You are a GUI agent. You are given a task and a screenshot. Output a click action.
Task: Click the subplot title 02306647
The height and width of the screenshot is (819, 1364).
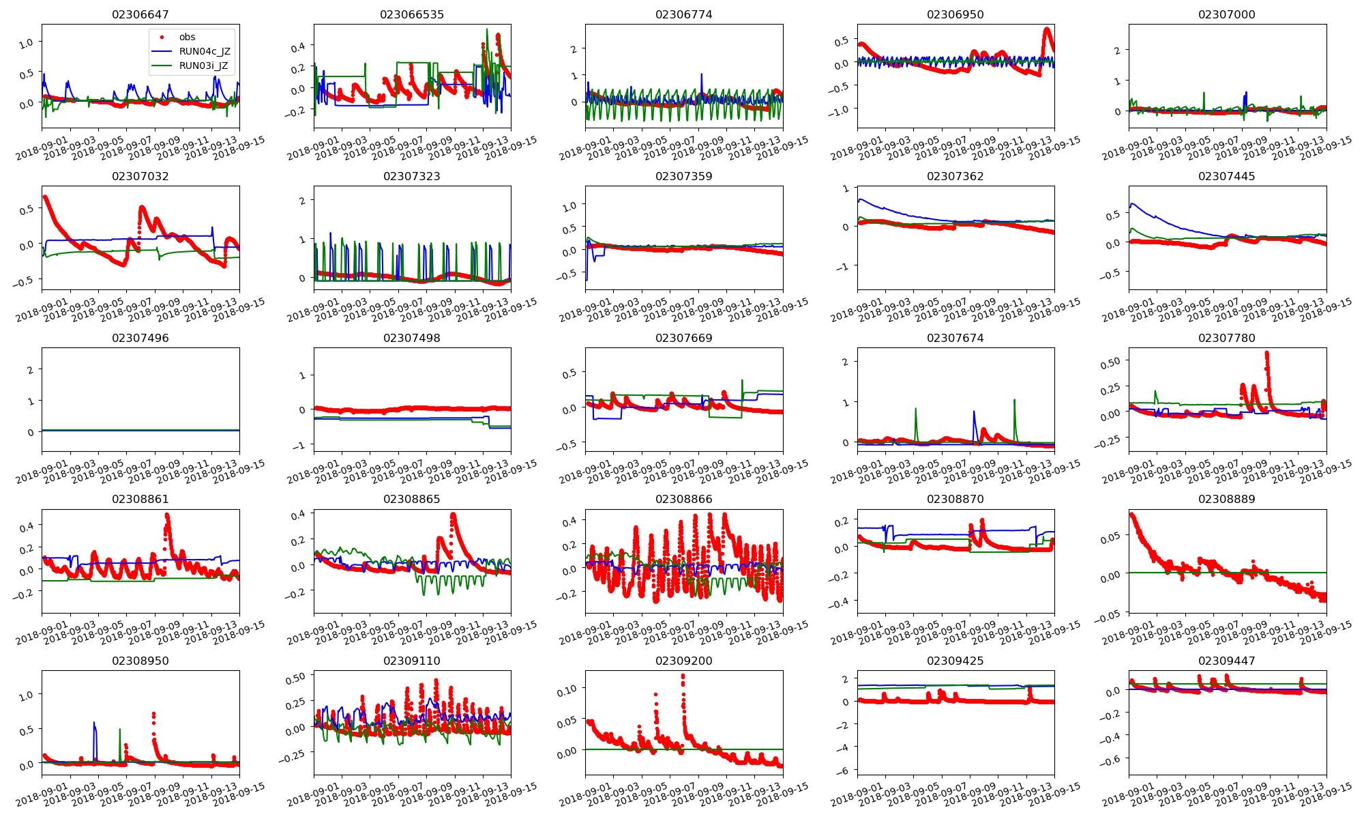coord(140,14)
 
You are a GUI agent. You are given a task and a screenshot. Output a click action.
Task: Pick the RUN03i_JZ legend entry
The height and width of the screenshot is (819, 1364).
coord(203,66)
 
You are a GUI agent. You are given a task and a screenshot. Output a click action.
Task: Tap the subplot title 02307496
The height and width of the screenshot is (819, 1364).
coord(140,338)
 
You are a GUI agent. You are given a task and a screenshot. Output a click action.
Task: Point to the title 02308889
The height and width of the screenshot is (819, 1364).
coord(1226,499)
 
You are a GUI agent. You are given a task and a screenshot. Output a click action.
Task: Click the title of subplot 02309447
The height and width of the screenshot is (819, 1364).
coord(1226,661)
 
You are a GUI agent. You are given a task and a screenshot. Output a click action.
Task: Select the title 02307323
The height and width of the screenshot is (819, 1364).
coord(411,176)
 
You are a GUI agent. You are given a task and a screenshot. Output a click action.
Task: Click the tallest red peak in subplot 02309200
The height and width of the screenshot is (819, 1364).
coord(683,676)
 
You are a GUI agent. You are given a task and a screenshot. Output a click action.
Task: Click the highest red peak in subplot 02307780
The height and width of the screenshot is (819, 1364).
coord(1266,353)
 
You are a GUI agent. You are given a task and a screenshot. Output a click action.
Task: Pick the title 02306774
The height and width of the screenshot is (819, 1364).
coord(683,14)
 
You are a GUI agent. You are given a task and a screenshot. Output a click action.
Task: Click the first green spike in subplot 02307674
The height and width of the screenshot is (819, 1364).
coord(915,409)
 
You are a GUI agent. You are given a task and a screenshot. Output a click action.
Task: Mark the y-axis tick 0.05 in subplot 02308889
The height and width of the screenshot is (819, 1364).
coord(1110,538)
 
